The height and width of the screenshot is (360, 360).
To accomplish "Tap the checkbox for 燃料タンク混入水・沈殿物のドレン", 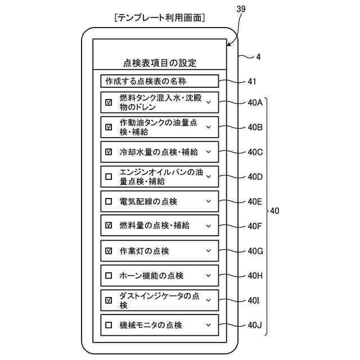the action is (x=109, y=102).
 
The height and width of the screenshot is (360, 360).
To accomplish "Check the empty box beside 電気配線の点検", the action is (x=109, y=201).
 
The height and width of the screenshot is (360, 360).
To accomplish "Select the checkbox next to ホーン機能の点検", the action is (x=109, y=276).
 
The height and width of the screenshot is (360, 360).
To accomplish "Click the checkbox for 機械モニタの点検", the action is (x=109, y=325).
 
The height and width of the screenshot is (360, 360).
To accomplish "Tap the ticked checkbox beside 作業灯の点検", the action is (x=109, y=251).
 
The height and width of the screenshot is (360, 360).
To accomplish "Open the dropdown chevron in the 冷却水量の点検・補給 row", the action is (x=209, y=152).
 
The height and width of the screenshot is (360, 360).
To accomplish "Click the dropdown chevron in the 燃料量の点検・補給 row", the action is (x=209, y=226).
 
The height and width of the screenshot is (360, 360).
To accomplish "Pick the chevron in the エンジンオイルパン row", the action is (x=209, y=177).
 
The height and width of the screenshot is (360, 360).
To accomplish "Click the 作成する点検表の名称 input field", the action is (x=160, y=81).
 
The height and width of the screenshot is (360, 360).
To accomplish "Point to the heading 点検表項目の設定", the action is (x=160, y=63).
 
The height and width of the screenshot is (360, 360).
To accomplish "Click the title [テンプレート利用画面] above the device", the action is (x=160, y=17).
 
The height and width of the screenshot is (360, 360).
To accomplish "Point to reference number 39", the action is (x=241, y=9).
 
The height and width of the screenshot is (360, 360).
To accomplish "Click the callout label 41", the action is (x=252, y=82).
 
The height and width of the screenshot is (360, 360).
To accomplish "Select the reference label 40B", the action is (x=255, y=127).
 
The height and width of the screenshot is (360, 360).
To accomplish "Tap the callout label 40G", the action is (x=255, y=251).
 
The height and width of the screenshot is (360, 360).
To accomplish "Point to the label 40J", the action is (x=255, y=325).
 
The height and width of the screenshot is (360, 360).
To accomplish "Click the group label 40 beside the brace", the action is (x=274, y=211).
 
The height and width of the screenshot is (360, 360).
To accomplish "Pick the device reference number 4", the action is (x=259, y=57).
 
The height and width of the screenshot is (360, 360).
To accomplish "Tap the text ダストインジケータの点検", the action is (x=159, y=300).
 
